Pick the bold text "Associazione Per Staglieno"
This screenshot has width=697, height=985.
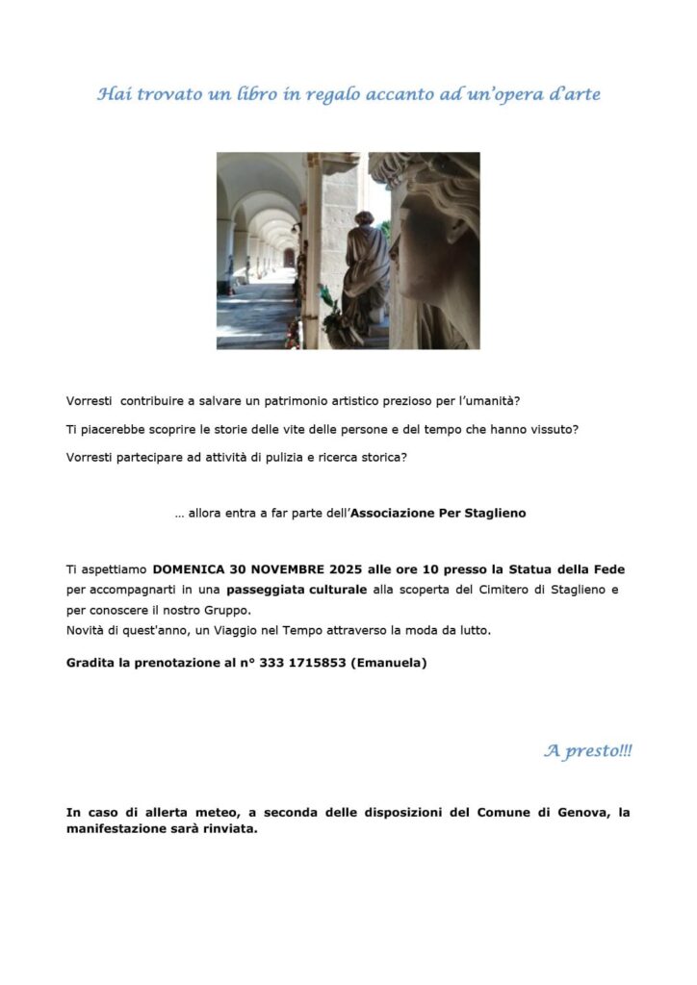click(438, 514)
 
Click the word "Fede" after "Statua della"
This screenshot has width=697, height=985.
click(602, 568)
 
